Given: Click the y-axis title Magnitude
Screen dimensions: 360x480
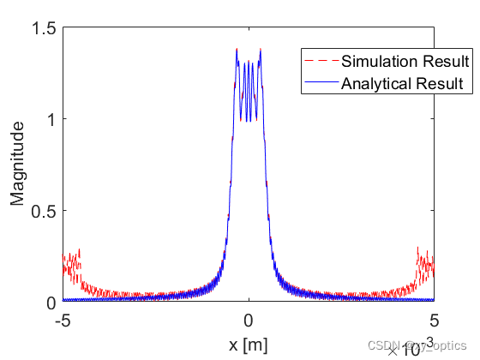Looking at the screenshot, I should pos(17,165).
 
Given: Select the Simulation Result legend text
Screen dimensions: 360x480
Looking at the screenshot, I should pos(405,62).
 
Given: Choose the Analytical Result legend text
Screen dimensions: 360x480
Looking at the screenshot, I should pos(402,84).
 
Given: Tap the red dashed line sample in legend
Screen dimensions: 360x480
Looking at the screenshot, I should pos(321,62).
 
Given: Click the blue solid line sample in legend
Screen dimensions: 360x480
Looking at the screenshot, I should pos(321,84).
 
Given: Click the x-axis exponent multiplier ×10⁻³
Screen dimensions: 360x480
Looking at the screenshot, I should pos(406,346).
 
